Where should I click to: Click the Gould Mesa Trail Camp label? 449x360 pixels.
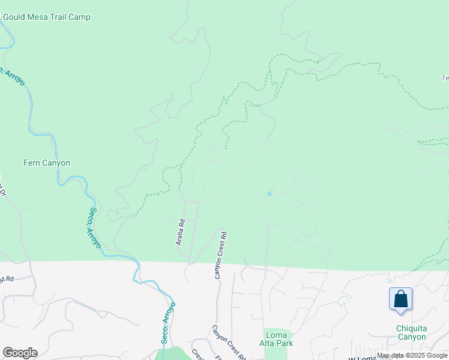click(x=46, y=17)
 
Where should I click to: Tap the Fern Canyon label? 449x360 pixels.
click(x=47, y=163)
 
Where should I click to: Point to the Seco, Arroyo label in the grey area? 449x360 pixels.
click(x=169, y=322)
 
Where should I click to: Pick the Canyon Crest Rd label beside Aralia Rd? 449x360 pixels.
click(x=221, y=255)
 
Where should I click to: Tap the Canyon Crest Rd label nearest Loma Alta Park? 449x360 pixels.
click(x=228, y=343)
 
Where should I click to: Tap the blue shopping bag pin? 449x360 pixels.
click(x=400, y=299)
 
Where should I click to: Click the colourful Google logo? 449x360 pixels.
click(x=20, y=353)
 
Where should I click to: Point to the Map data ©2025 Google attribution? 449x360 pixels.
click(x=412, y=355)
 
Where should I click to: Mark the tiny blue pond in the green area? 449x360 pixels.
click(x=270, y=193)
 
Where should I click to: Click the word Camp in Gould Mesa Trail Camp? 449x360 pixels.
click(x=79, y=17)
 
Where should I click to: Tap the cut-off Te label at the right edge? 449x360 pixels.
click(x=445, y=78)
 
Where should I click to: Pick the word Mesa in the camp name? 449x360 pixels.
click(x=40, y=17)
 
